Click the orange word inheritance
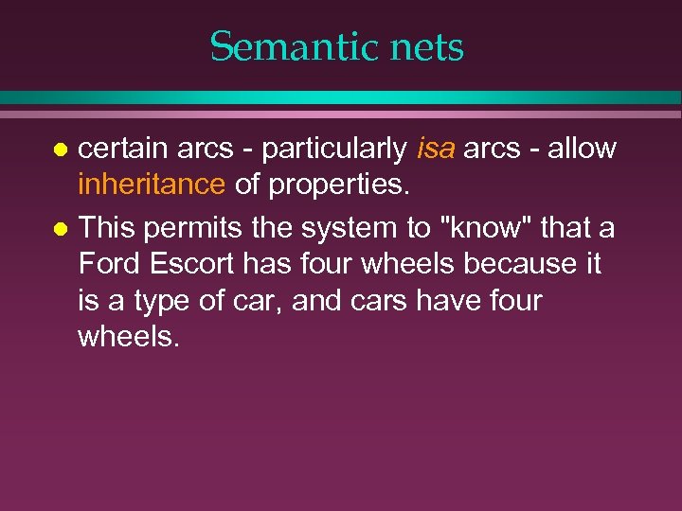click(x=152, y=185)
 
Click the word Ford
click(x=108, y=264)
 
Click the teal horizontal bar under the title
click(x=341, y=97)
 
